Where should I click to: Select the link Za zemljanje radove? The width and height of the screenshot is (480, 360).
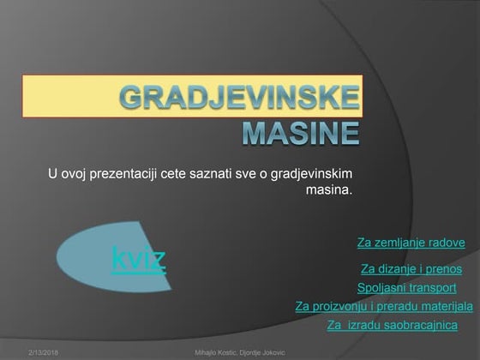[x=411, y=243]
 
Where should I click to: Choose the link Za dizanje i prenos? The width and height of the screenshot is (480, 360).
[x=411, y=268]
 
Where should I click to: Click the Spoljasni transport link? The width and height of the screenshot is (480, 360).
[x=406, y=288]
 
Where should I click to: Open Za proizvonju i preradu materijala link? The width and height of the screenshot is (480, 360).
[x=383, y=306]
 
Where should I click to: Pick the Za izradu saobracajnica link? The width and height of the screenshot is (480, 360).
[x=393, y=326]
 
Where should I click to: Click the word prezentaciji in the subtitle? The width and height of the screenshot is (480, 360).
[x=125, y=175]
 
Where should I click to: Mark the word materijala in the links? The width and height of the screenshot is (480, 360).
[x=445, y=306]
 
